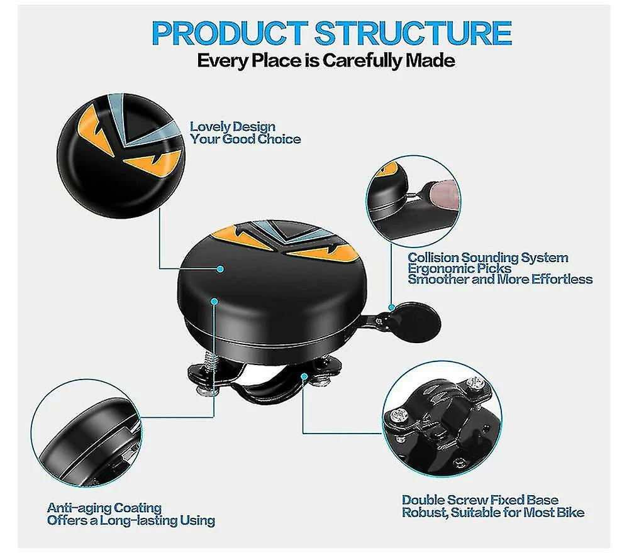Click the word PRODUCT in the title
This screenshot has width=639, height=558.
[230, 33]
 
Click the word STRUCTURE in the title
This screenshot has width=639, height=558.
[413, 33]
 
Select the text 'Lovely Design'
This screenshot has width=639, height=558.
[233, 127]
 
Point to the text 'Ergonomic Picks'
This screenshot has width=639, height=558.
[459, 268]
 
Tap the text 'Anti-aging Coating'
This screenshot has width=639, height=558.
[104, 508]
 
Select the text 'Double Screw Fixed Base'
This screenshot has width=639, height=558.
[480, 500]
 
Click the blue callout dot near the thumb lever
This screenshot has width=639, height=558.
[391, 307]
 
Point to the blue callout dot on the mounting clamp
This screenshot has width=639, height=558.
[304, 376]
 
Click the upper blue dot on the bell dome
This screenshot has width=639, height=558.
[220, 269]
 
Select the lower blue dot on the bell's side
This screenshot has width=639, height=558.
[214, 301]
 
